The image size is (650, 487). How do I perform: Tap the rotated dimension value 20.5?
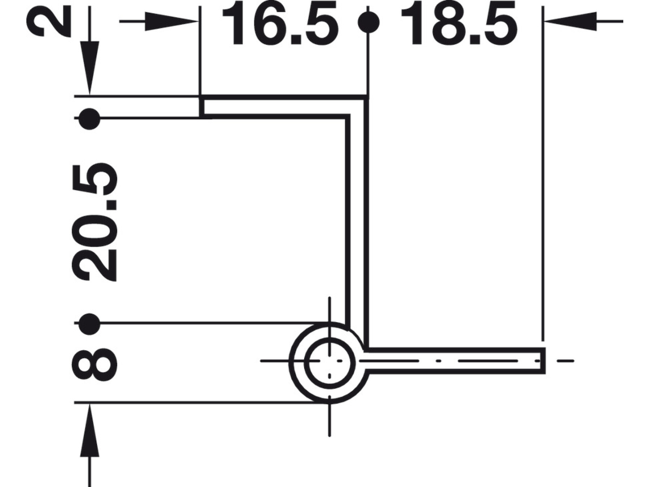96,222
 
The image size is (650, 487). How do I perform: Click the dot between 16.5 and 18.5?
368,22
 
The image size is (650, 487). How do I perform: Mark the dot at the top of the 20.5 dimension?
89,118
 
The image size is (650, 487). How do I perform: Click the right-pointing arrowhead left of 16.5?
172,22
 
